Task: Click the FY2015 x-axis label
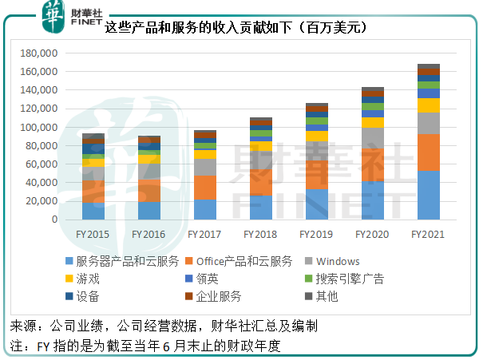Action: [93, 235]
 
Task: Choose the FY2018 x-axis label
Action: [260, 235]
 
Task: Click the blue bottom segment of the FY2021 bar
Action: [428, 195]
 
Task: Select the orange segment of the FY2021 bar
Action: [428, 152]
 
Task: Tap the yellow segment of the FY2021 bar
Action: [428, 105]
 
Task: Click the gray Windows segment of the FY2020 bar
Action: [372, 137]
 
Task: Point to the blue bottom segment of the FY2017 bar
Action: [204, 209]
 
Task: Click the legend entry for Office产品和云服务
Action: [239, 262]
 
